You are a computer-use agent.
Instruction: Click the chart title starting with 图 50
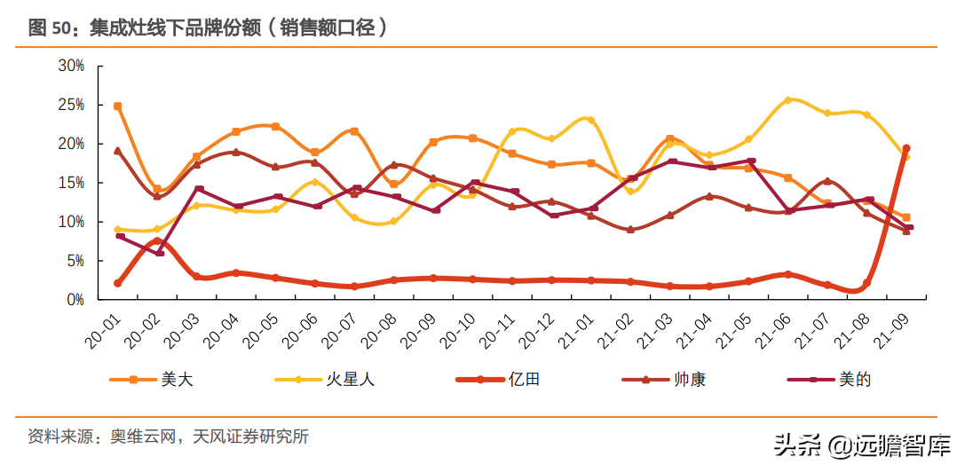pyautogui.click(x=208, y=28)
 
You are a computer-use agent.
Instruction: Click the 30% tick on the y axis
pyautogui.click(x=71, y=66)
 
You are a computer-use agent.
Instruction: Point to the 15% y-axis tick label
pyautogui.click(x=71, y=183)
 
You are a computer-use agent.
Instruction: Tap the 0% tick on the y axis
pyautogui.click(x=75, y=300)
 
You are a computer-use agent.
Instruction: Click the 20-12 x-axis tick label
pyautogui.click(x=542, y=326)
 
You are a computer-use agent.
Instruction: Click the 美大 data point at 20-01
pyautogui.click(x=118, y=106)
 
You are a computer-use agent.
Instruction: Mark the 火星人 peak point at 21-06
pyautogui.click(x=787, y=100)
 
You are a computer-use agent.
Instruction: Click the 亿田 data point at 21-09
pyautogui.click(x=906, y=148)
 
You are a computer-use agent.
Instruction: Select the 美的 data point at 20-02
pyautogui.click(x=159, y=254)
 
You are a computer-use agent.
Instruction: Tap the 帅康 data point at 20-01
pyautogui.click(x=118, y=151)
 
